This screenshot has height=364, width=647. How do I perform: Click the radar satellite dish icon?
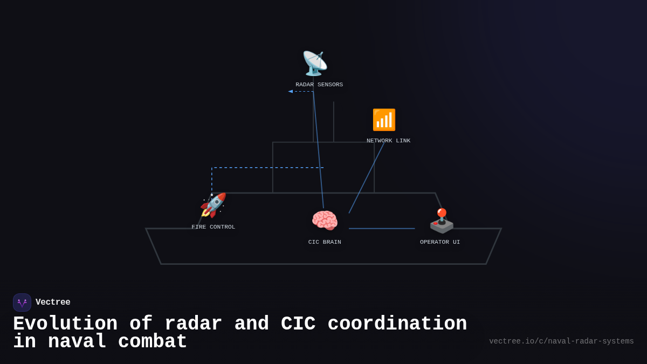click(314, 64)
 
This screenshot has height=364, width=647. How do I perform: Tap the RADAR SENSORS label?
click(319, 85)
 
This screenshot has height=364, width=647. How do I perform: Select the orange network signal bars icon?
click(384, 120)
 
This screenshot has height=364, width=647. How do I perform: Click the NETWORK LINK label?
click(388, 141)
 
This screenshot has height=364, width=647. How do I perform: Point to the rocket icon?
click(213, 205)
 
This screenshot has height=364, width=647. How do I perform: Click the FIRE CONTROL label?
click(214, 227)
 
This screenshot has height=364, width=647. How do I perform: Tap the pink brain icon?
click(325, 221)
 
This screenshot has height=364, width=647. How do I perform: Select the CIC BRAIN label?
click(325, 242)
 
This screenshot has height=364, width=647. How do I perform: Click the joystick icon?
click(442, 220)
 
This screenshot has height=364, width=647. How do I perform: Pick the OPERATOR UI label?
click(440, 242)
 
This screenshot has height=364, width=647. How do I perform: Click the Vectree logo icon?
click(22, 303)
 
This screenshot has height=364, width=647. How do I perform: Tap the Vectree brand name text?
click(53, 303)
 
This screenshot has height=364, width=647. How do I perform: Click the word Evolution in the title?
click(65, 324)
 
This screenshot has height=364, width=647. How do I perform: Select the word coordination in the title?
click(397, 324)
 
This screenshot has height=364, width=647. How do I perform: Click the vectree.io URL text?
click(561, 341)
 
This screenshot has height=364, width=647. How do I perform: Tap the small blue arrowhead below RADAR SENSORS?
click(291, 91)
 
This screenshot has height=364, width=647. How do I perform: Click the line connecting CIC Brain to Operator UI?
click(382, 229)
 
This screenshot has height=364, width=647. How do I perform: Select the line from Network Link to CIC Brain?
click(367, 178)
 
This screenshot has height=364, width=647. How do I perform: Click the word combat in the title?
click(153, 342)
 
